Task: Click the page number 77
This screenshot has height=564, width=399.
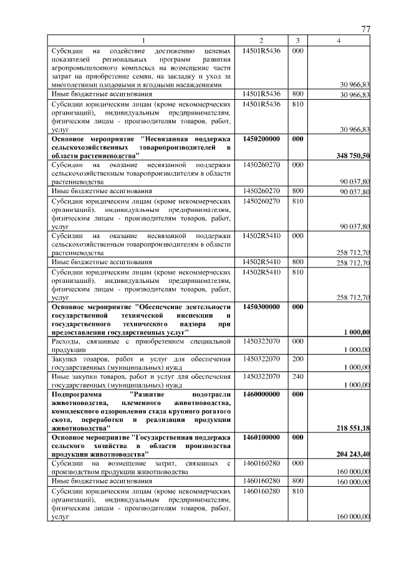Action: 366,30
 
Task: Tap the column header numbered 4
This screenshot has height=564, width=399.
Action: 338,41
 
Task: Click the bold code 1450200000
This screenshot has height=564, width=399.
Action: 261,138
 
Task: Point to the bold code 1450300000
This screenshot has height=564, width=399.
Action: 261,307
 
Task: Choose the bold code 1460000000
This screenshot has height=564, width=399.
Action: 261,394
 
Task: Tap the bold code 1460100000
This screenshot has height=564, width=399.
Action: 261,437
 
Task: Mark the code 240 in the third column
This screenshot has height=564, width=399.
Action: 297,376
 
